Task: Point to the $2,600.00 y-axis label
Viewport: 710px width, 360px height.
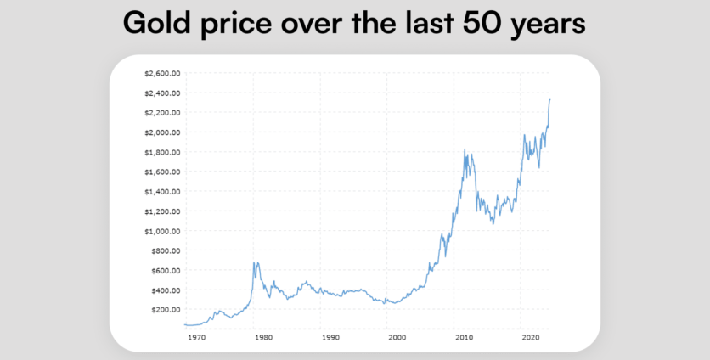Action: tap(162, 73)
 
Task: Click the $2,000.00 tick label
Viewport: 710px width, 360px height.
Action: tap(162, 132)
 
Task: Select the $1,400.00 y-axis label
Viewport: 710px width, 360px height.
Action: tap(162, 192)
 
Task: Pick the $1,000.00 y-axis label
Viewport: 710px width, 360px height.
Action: tap(162, 231)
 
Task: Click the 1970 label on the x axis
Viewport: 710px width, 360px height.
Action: tap(196, 338)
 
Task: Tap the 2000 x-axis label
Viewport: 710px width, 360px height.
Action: tap(397, 338)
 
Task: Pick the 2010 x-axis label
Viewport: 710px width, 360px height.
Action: tap(464, 338)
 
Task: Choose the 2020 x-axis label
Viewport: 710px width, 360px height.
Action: tap(531, 338)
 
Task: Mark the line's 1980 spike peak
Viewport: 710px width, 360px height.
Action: tap(254, 263)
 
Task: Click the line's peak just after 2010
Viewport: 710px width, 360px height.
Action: tap(465, 150)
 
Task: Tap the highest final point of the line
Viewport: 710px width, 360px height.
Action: tap(549, 100)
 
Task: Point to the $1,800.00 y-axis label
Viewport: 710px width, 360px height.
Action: tap(162, 152)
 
